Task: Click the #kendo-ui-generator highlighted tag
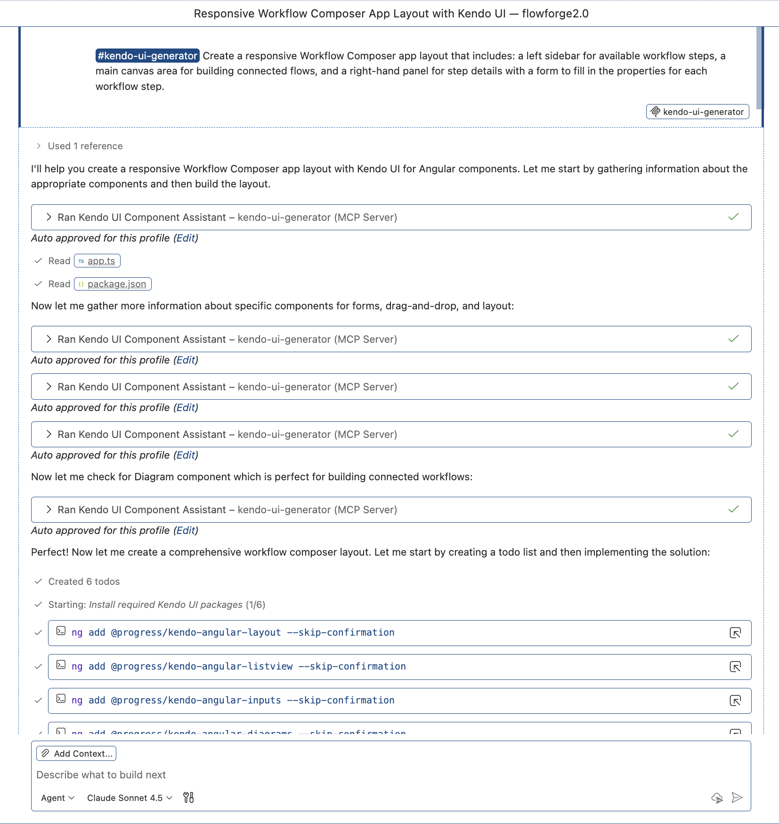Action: pos(147,56)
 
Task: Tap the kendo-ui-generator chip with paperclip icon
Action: pos(698,112)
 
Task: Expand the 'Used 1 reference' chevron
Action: pos(39,146)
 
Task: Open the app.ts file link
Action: pos(101,261)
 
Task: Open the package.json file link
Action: pos(116,284)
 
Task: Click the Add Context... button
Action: pos(76,753)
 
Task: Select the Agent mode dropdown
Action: pos(57,798)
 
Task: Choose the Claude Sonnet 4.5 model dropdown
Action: pos(130,798)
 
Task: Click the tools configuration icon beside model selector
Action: pos(188,798)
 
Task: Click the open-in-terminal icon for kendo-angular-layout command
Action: pos(735,633)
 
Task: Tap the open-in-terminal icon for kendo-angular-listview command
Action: pos(735,667)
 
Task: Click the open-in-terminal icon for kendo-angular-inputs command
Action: pos(735,701)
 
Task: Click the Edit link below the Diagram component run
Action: pos(186,531)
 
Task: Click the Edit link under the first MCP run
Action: pos(186,238)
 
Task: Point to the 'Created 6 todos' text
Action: pos(84,582)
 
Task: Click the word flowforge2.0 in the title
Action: pos(555,14)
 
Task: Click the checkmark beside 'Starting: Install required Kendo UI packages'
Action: pos(39,605)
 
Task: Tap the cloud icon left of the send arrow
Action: pos(717,798)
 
